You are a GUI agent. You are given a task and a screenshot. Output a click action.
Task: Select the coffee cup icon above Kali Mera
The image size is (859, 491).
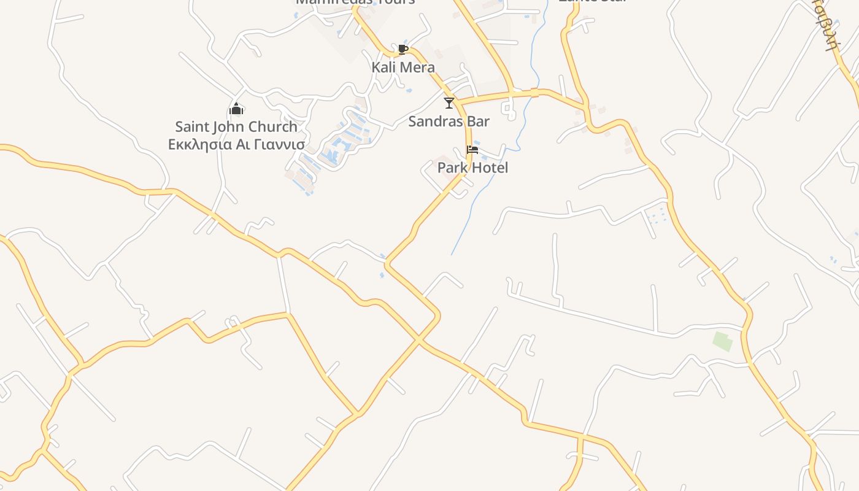tap(403, 49)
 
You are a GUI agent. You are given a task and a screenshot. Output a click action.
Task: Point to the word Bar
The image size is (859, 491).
tap(479, 121)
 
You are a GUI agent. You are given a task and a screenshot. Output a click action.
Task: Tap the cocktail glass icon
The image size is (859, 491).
tap(449, 102)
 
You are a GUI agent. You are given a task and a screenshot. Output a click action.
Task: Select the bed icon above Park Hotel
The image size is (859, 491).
tap(472, 149)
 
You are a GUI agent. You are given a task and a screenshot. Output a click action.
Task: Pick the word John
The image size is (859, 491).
tap(229, 127)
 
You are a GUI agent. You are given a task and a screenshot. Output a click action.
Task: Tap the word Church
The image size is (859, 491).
tap(274, 127)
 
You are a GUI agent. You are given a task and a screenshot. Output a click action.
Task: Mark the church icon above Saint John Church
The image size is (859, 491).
tap(236, 109)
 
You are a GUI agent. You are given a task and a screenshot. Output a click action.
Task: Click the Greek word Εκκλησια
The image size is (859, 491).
tap(200, 145)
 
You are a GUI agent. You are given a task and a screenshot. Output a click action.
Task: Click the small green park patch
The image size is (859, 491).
tap(723, 341)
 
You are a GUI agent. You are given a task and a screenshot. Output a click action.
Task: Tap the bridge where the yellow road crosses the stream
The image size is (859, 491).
tap(534, 93)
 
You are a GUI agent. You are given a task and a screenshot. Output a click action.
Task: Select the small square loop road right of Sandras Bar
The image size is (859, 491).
tap(508, 110)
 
